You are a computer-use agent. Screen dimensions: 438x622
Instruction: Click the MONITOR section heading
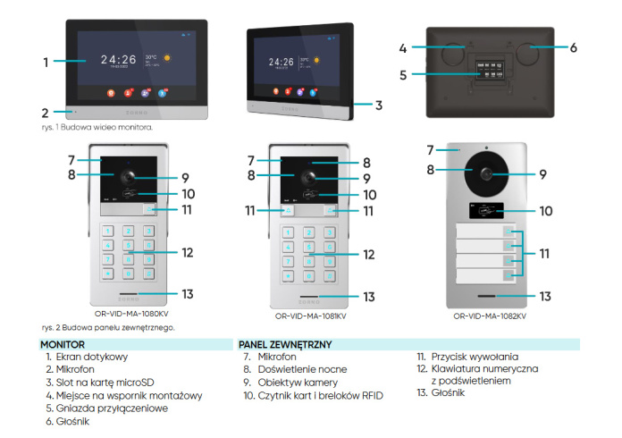pos(63,344)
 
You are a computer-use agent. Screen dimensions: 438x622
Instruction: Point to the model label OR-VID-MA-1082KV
pos(489,316)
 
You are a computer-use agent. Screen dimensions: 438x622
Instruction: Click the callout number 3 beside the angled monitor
pos(379,105)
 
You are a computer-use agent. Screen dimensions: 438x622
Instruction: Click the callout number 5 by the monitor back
pos(403,74)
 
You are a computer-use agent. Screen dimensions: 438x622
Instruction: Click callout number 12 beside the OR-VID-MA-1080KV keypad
pos(187,253)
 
